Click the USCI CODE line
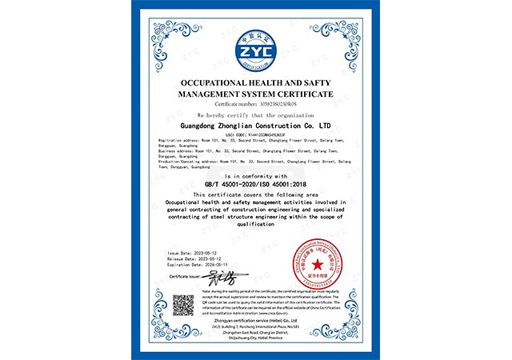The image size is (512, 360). coord(256,134)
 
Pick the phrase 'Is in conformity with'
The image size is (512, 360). coord(256,174)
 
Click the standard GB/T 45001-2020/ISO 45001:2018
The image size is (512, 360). coord(256,183)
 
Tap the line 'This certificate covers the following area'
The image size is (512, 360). coord(256,194)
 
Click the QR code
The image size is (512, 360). coord(184,306)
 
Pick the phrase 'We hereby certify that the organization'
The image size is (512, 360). coord(256,115)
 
